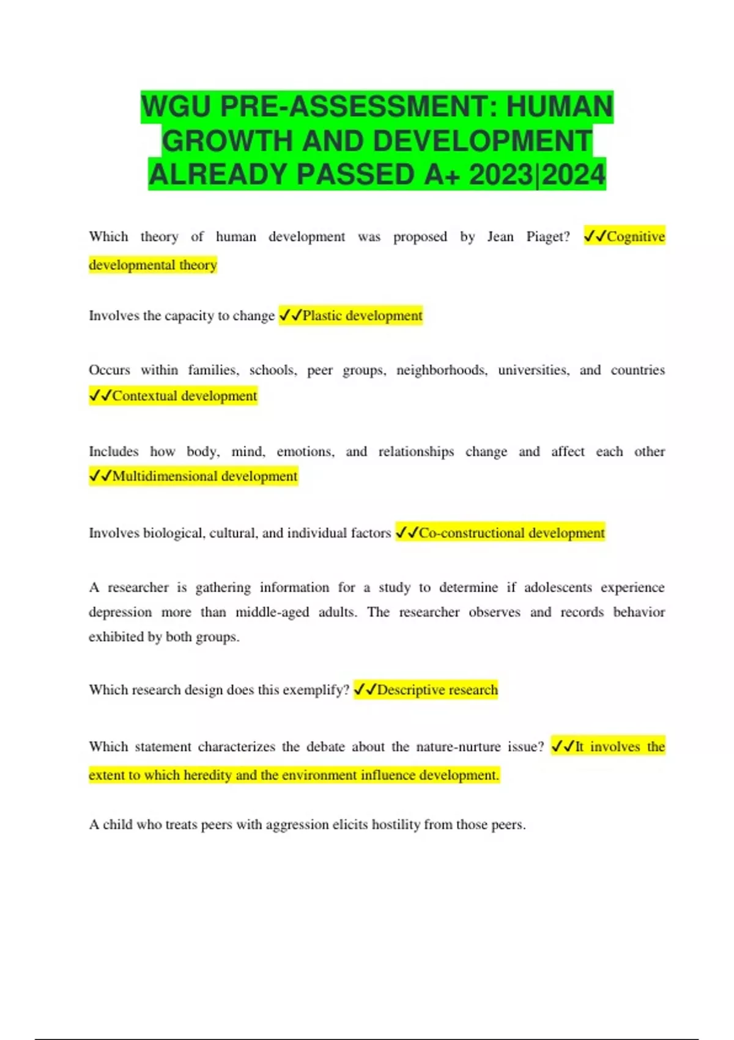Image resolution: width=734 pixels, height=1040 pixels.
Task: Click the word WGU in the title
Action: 176,107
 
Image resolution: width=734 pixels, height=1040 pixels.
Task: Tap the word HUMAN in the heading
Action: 559,107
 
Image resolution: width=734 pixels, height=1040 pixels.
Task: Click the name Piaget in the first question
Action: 547,237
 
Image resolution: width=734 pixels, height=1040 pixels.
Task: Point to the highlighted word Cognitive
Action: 635,237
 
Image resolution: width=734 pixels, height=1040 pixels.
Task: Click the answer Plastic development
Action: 362,316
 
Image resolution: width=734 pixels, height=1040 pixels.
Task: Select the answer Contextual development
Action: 184,396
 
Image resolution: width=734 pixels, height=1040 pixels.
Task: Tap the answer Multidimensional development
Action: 204,476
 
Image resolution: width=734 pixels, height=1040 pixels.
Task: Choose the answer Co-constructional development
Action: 511,533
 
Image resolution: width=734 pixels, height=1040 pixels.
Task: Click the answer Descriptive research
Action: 437,690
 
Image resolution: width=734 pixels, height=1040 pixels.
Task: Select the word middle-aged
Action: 272,612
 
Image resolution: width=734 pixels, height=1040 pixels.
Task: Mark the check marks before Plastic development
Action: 290,316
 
